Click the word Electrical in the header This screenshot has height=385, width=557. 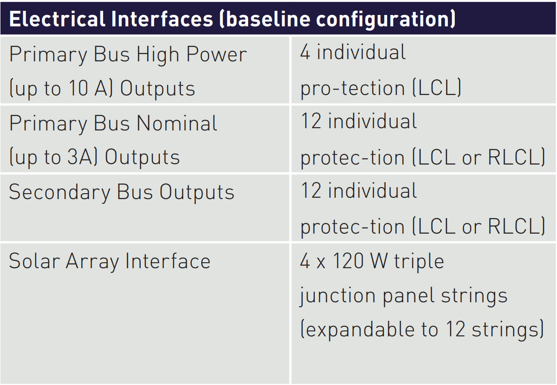[57, 19]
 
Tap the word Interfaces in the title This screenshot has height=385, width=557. [162, 19]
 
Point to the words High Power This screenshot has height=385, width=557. [192, 55]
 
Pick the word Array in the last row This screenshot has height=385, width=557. [92, 262]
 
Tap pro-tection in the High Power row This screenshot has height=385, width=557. [353, 89]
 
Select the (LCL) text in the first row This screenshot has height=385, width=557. [437, 88]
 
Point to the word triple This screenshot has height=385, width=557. [419, 262]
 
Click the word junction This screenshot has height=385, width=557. [338, 296]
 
